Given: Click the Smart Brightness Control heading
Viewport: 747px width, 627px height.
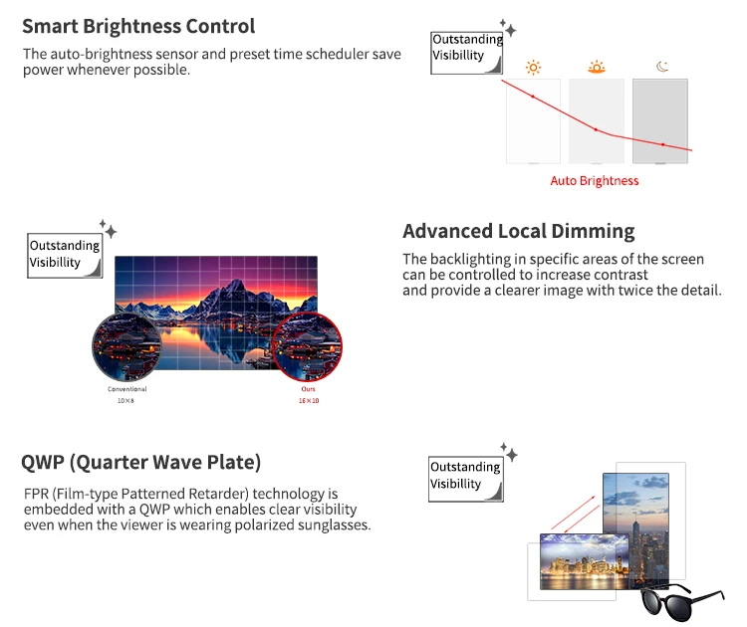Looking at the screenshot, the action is tap(138, 27).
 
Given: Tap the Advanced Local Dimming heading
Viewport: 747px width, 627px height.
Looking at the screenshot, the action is tap(518, 231).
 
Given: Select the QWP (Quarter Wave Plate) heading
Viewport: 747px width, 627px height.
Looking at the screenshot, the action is tap(140, 462).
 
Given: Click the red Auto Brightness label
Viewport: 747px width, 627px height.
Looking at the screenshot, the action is tap(595, 180).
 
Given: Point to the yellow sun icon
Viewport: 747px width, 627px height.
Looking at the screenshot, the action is tap(534, 68).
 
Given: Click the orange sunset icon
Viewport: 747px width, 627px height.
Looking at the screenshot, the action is tap(597, 68).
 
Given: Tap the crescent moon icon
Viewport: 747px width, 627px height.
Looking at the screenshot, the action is tap(662, 68).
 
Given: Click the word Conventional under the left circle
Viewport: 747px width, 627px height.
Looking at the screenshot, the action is tap(126, 389).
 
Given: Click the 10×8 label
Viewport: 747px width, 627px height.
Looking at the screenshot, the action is tap(126, 400).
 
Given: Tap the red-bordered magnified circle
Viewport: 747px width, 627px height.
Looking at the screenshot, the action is tap(307, 347).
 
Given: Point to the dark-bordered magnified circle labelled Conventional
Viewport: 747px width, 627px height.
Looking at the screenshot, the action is tap(126, 347).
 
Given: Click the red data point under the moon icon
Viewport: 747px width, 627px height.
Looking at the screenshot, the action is tap(662, 144).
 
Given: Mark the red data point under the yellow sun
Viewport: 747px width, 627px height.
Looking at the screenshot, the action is tap(533, 97).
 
